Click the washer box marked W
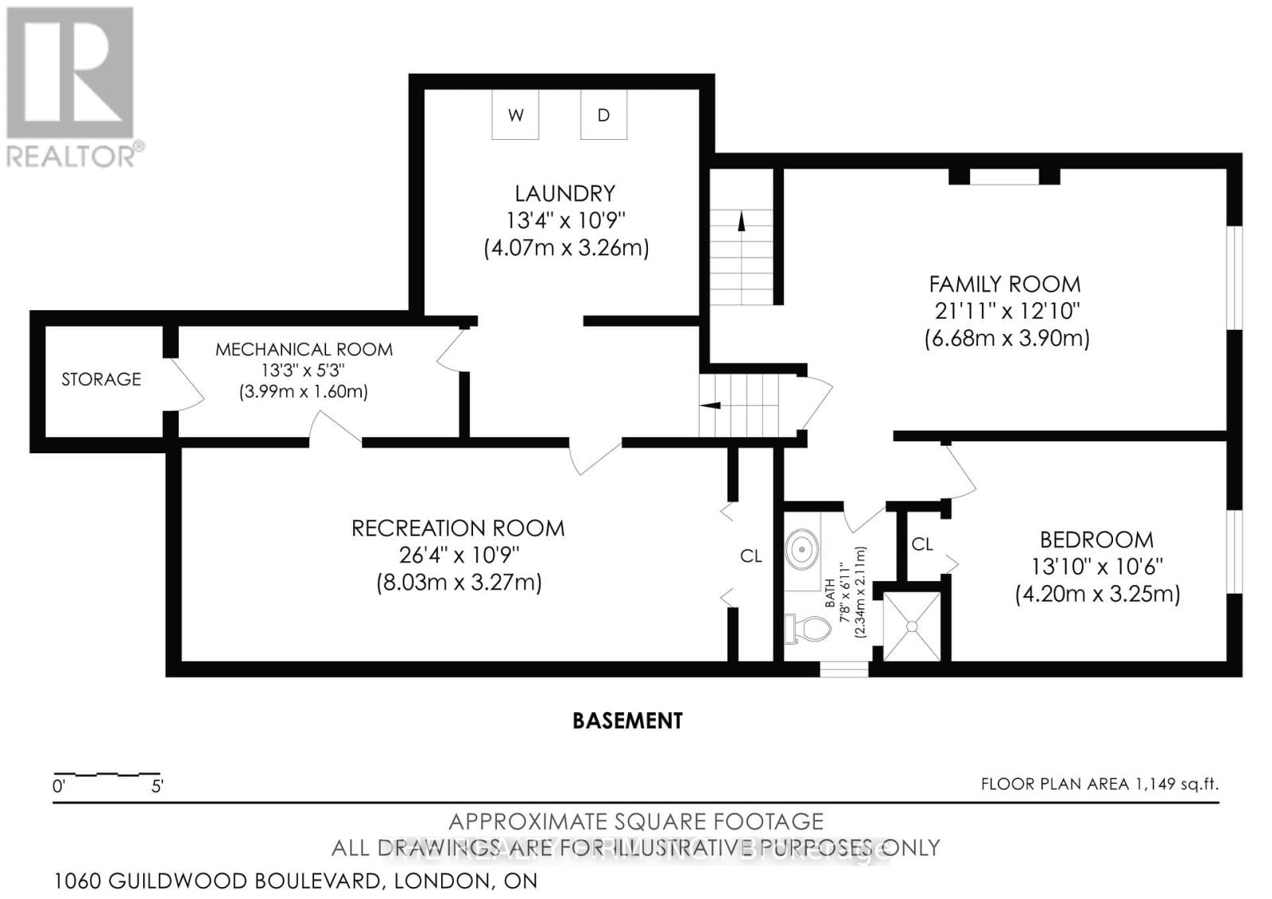[515, 115]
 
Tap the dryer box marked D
[603, 115]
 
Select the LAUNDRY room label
[564, 193]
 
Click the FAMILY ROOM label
[1005, 284]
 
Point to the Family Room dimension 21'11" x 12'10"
[1006, 311]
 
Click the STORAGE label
[101, 379]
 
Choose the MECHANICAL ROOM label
[304, 349]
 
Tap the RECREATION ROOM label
[458, 529]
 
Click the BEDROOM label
[1096, 540]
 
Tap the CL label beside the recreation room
[750, 556]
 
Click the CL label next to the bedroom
[921, 544]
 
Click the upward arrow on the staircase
[742, 222]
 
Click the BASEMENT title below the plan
[627, 721]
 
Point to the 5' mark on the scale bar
[157, 787]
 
